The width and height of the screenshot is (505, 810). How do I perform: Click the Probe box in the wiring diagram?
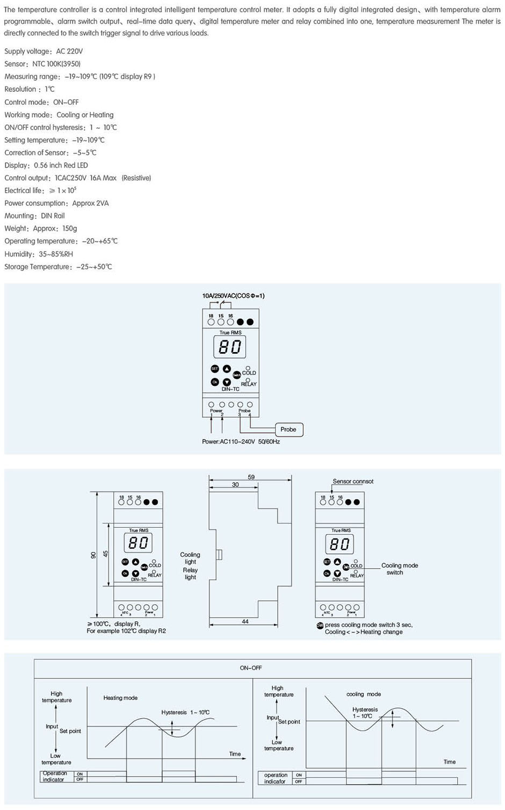pos(288,429)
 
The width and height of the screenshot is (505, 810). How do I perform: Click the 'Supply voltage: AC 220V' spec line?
pos(44,52)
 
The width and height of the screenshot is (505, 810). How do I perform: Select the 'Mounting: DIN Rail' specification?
pos(34,216)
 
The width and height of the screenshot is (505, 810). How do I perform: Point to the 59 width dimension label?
pos(251,477)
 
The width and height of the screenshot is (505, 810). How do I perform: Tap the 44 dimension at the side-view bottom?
pos(245,621)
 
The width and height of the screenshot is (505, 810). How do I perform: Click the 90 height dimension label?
pos(93,555)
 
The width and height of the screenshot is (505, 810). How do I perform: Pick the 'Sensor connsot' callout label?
pos(353,482)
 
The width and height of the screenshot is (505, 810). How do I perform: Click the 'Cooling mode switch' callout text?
pos(399,569)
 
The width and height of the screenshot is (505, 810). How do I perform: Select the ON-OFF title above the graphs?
pos(251,668)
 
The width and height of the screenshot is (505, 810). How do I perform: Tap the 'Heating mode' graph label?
pos(120,698)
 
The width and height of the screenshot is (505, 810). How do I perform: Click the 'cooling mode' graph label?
pos(364,694)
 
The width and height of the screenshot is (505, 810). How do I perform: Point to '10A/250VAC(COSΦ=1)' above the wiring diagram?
pos(233,296)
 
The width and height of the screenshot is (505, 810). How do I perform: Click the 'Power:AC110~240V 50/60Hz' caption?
pos(241,442)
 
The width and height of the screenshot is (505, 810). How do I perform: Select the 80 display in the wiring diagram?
pos(230,347)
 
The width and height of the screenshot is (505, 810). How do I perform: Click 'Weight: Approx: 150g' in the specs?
pos(41,228)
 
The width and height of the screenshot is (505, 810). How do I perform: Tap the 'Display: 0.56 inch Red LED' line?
pos(46,166)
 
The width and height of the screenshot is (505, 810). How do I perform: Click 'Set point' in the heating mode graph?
pos(70,732)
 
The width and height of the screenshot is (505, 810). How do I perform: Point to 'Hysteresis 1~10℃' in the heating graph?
pos(185,713)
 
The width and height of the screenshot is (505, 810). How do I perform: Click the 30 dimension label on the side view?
pos(235,484)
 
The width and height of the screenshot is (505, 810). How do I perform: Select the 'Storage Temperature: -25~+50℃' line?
pos(58,267)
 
